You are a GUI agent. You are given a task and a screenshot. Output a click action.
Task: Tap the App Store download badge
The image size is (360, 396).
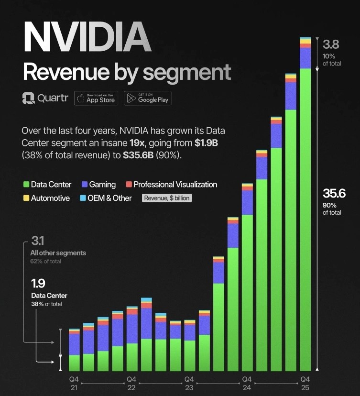(96, 98)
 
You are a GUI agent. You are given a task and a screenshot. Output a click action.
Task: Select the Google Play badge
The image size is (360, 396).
(147, 98)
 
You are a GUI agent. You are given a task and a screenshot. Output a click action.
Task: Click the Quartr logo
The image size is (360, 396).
(45, 99)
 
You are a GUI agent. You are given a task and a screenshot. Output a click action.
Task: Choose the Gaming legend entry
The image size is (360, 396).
(98, 185)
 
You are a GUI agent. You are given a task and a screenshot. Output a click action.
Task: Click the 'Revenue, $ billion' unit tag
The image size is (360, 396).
(167, 198)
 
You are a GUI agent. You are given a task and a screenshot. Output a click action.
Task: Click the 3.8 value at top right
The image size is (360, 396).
(331, 45)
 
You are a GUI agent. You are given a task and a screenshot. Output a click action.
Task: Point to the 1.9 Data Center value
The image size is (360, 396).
(38, 283)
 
